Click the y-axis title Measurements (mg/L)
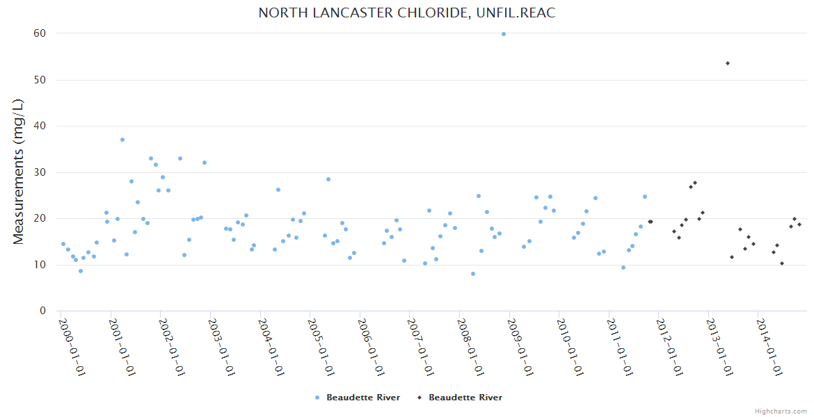click(19, 171)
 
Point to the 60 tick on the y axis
click(40, 33)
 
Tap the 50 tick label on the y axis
click(40, 80)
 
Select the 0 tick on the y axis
click(42, 311)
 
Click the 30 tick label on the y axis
click(40, 172)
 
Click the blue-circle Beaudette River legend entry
click(358, 398)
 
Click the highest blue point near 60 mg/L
click(504, 33)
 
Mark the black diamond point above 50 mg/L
click(728, 63)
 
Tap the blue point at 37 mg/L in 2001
click(122, 140)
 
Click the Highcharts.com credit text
click(781, 411)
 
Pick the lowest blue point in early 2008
click(473, 274)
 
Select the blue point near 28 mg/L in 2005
click(328, 179)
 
